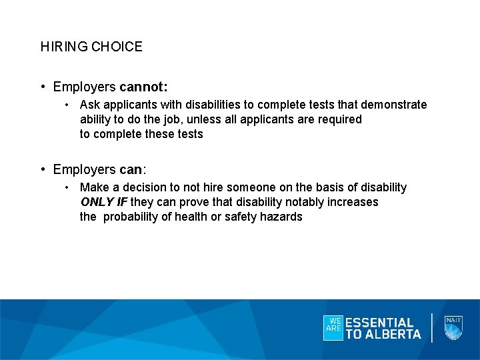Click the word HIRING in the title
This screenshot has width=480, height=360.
coord(64,47)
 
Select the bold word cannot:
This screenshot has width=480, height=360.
coord(143,87)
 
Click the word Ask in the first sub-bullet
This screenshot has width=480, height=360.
coord(89,105)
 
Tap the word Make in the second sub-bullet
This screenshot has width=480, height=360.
coord(92,187)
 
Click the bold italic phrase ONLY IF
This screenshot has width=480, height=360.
coord(103,202)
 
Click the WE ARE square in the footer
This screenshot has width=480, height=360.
coord(333,328)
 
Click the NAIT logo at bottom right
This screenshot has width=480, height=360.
coord(453,327)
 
